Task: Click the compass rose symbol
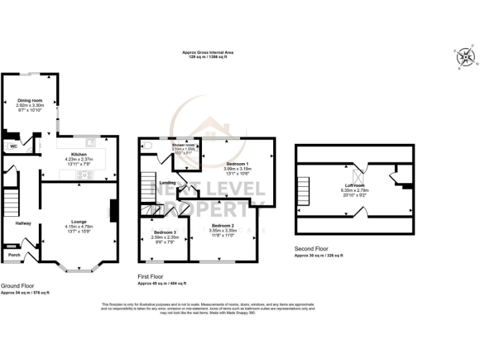coord(465,57)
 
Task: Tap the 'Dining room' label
coord(29,101)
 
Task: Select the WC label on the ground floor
coord(12,146)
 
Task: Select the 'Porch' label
coord(14,254)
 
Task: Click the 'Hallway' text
coord(23,223)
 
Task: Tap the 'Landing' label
coord(167,182)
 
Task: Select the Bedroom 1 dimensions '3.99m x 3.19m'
coord(237,169)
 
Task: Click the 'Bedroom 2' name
coord(222,226)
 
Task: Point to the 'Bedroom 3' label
coord(165,232)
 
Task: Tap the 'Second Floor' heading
coord(311,249)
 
